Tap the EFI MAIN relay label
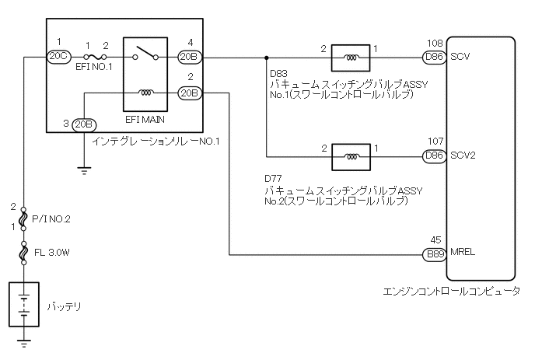click(x=143, y=121)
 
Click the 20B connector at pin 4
click(x=189, y=56)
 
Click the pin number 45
click(x=436, y=240)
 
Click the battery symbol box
click(x=24, y=304)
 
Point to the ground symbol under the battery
click(x=24, y=341)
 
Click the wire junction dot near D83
click(x=267, y=56)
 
